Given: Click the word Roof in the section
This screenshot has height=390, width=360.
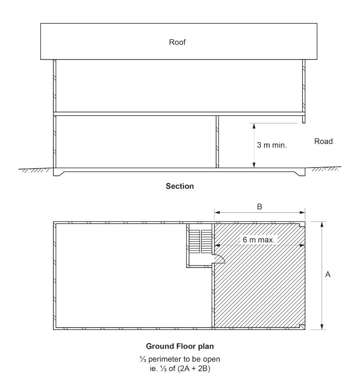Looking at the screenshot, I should [177, 42].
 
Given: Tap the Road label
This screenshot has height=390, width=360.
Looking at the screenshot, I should [324, 142].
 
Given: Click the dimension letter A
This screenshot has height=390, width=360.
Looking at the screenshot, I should [328, 275].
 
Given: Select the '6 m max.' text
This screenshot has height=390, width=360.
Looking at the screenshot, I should [259, 239].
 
